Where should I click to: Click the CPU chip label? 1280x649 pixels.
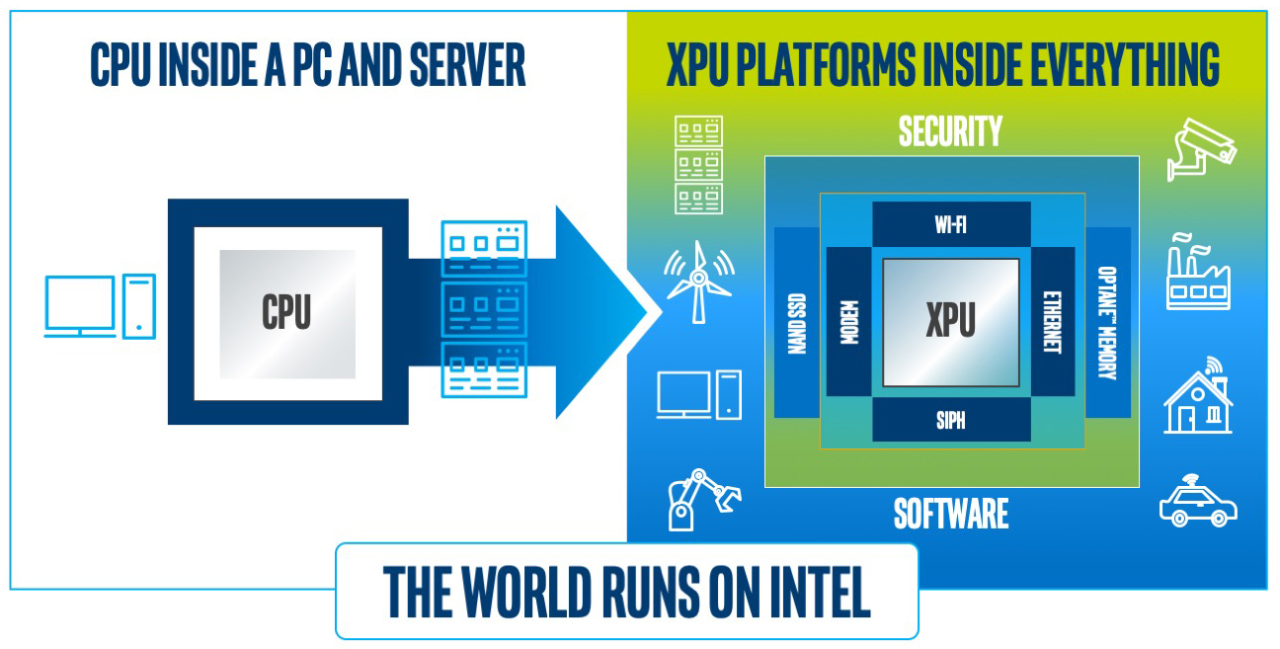click(x=286, y=312)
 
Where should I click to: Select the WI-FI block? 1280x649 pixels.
click(x=950, y=224)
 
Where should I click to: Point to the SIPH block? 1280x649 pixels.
click(x=950, y=421)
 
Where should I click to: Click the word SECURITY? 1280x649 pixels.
click(x=950, y=132)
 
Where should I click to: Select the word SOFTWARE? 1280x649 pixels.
click(x=950, y=514)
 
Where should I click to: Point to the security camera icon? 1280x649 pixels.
click(x=1200, y=149)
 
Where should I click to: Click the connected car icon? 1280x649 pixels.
click(x=1197, y=503)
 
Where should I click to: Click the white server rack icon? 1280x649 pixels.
click(x=698, y=165)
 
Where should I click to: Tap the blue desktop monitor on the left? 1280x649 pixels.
click(x=80, y=307)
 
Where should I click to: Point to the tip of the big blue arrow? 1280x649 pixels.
click(x=659, y=312)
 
